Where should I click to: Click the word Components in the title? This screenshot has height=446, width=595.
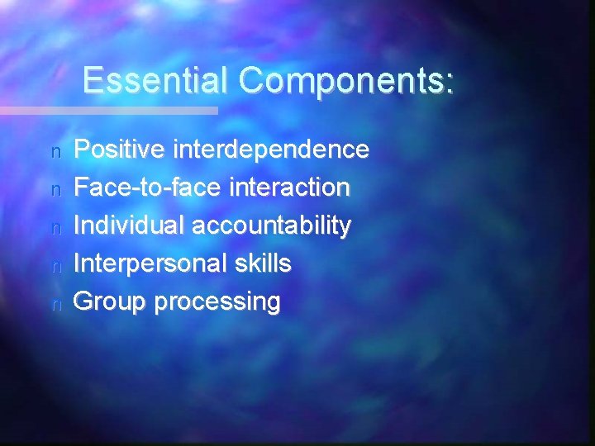pyautogui.click(x=341, y=81)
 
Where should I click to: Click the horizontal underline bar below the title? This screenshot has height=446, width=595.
pyautogui.click(x=107, y=110)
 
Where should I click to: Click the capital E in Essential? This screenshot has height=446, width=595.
pyautogui.click(x=92, y=81)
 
